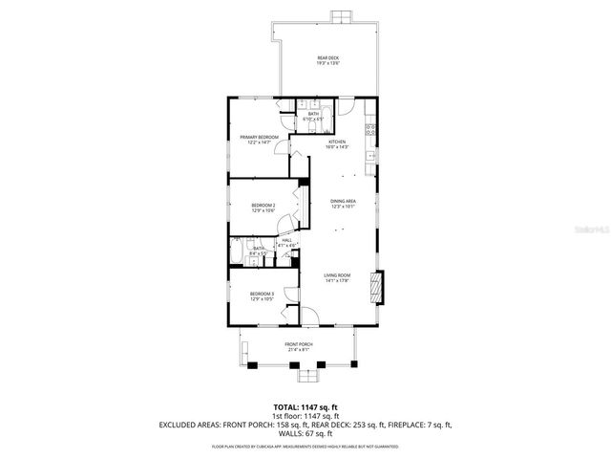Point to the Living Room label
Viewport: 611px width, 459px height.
336,279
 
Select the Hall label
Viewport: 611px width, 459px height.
286,243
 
